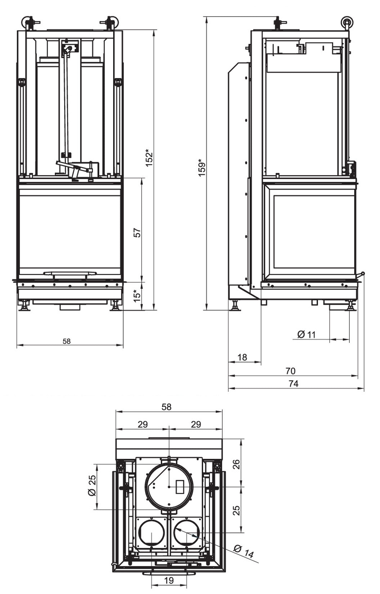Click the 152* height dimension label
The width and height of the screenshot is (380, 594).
[149, 157]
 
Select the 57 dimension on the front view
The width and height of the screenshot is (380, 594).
[137, 232]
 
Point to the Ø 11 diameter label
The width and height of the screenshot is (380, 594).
[307, 334]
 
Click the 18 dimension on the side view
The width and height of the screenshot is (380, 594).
[242, 357]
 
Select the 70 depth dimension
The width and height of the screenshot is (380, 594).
[290, 371]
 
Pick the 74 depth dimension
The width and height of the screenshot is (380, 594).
[294, 384]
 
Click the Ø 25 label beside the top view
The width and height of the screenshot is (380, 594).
[92, 486]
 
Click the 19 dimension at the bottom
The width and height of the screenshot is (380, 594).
[169, 580]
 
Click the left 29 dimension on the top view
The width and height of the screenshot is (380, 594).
[143, 424]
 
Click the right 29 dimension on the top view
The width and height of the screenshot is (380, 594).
[196, 424]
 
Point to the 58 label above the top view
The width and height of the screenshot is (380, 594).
[166, 407]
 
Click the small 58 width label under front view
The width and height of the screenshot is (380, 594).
[67, 341]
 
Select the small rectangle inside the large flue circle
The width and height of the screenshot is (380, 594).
[180, 486]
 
